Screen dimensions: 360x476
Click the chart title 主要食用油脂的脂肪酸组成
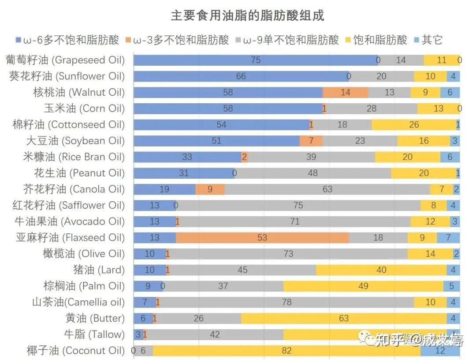pos(247,16)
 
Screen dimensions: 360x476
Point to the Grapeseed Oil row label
pos(65,60)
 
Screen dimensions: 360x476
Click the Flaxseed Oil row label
pos(70,238)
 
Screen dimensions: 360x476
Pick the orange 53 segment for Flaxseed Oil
pos(262,238)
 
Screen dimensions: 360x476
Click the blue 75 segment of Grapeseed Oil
pos(256,60)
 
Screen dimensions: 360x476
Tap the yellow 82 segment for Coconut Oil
pos(286,351)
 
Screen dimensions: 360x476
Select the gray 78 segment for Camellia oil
pos(286,302)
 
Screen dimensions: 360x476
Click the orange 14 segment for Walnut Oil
pos(345,92)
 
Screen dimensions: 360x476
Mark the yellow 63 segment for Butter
pos(344,319)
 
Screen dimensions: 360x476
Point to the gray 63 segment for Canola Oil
pos(327,189)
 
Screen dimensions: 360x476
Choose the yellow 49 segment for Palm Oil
pos(363,286)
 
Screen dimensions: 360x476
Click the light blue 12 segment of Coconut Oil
pos(440,351)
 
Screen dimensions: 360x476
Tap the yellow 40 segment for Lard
pos(381,270)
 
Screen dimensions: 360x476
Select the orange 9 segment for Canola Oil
pos(210,189)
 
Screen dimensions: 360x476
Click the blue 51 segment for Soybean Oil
pos(216,141)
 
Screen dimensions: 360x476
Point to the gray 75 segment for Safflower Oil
pos(298,206)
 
